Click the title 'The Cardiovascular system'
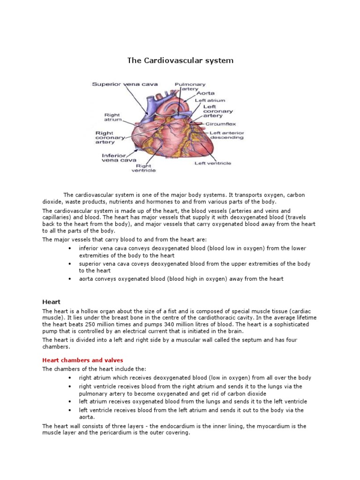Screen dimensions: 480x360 [x=180, y=60]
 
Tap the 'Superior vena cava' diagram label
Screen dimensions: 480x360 [x=125, y=84]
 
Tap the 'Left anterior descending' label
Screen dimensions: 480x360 [x=226, y=135]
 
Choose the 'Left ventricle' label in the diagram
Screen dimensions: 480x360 [x=213, y=163]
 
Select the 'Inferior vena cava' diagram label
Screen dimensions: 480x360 [x=114, y=157]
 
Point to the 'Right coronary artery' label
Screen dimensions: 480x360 [x=110, y=137]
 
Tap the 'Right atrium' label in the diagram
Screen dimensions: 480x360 [x=112, y=117]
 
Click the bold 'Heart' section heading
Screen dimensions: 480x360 [x=52, y=302]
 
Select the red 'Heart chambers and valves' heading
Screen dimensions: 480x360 [x=82, y=360]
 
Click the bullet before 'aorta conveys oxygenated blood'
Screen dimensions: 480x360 [x=69, y=279]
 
